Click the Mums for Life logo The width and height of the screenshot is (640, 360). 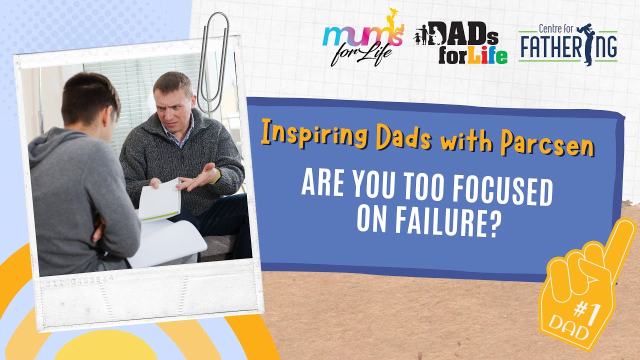361,42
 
